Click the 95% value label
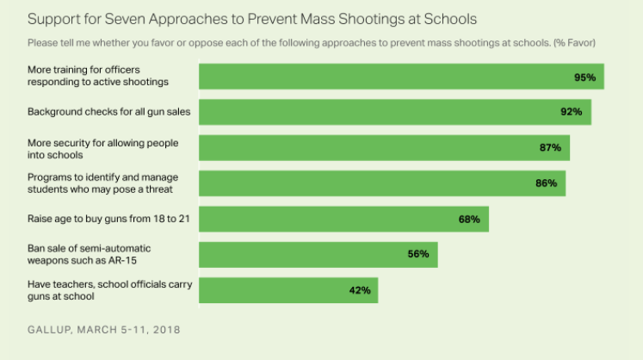click(x=585, y=77)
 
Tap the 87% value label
click(x=550, y=147)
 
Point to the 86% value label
click(x=546, y=183)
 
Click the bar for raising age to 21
click(x=343, y=219)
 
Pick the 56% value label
click(x=418, y=254)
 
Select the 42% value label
click(x=360, y=290)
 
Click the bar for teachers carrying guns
click(x=287, y=290)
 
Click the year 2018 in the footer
click(x=165, y=329)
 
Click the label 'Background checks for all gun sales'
click(x=108, y=112)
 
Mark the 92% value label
click(x=572, y=112)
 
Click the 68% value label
click(x=469, y=219)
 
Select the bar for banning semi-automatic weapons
click(x=318, y=254)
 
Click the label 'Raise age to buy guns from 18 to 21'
click(x=108, y=219)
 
